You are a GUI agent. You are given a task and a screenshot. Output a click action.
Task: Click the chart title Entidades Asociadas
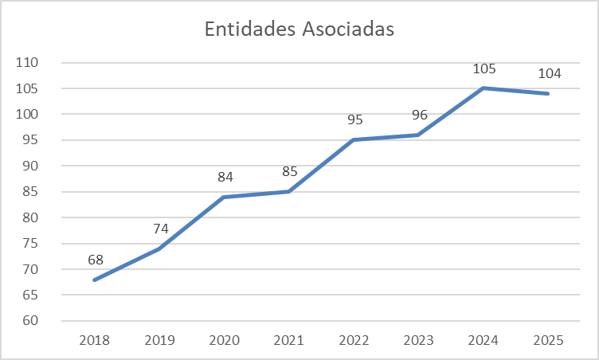(x=299, y=29)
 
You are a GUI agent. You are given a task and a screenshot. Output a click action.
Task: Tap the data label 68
(x=96, y=260)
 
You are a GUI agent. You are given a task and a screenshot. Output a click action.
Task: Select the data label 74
(x=161, y=229)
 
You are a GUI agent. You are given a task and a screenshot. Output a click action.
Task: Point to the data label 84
(x=225, y=177)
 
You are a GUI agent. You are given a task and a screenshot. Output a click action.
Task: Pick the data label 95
(x=355, y=120)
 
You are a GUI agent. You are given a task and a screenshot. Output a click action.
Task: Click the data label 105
(x=484, y=68)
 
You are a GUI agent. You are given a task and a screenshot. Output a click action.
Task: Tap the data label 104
(x=549, y=74)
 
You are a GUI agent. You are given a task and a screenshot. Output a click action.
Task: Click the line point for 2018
(x=95, y=280)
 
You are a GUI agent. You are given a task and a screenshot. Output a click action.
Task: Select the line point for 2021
(x=289, y=191)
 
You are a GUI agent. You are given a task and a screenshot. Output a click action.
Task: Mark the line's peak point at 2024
(x=484, y=88)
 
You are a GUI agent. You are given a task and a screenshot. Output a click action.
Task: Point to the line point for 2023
(x=419, y=135)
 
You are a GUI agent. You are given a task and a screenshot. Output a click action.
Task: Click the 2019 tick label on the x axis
(x=159, y=340)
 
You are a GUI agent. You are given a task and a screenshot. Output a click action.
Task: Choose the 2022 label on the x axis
(x=354, y=340)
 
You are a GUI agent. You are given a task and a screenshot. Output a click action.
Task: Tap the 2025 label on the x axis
(x=549, y=340)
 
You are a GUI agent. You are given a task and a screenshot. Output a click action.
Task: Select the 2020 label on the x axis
(x=225, y=340)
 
